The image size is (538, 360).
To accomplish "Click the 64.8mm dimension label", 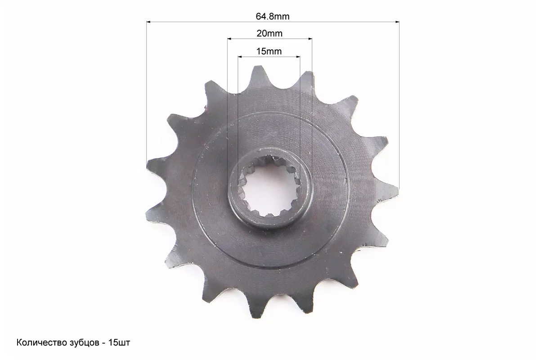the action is tap(273, 17).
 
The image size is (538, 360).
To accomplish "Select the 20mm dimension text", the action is tap(270, 34).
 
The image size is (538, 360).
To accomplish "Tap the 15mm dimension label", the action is tap(269, 51).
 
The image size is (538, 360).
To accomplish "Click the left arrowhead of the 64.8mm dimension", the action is tap(148, 22).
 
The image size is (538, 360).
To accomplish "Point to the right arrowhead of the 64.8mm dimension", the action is tap(397, 22).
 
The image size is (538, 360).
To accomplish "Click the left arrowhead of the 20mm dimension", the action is tap(229, 39).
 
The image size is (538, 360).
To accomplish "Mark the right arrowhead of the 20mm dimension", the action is tap(310, 39).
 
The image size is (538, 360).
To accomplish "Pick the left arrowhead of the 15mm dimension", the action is tap(239, 57).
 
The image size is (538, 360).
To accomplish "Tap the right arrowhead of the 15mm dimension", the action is tap(298, 57).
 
